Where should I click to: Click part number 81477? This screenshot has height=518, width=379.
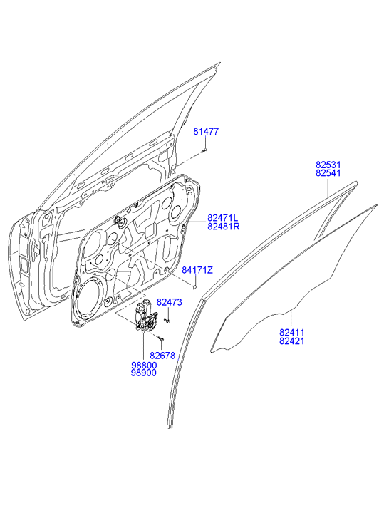206,132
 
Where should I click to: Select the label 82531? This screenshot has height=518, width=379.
328,165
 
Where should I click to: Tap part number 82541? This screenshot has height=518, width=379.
328,172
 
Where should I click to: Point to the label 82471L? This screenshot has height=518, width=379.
222,218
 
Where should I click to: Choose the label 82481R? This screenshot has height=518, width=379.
223,227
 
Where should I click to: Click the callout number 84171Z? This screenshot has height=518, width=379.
197,270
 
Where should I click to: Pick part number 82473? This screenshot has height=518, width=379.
169,302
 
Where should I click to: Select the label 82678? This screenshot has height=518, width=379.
162,356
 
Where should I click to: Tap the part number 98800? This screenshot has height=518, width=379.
144,366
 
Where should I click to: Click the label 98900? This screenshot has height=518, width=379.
144,373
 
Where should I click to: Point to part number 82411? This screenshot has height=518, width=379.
291,332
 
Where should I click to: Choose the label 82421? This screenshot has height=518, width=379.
291,341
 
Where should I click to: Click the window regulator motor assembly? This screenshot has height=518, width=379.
146,316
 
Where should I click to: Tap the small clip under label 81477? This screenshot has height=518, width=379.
204,150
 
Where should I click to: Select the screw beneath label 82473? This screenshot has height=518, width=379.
167,321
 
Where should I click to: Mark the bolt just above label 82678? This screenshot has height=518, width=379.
161,338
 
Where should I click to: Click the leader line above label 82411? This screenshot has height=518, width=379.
291,318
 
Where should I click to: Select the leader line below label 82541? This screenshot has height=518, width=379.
328,187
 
